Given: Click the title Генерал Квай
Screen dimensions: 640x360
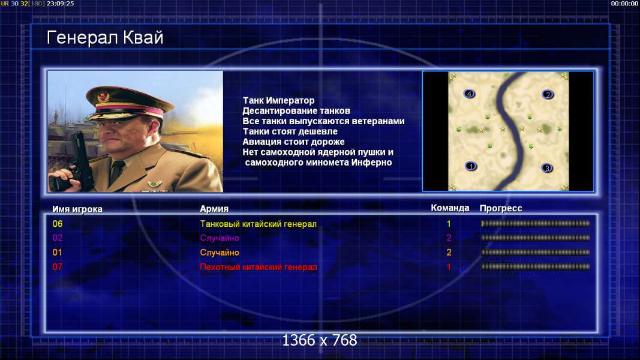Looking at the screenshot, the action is (105, 38).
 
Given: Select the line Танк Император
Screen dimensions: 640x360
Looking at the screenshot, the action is (278, 100).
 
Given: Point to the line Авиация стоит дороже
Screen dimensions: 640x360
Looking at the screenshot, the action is (293, 142).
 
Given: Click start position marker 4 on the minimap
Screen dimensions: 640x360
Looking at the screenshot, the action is (470, 94).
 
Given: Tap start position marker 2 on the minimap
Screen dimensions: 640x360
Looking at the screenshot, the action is (548, 94).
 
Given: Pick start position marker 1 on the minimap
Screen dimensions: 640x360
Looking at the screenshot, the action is (471, 166).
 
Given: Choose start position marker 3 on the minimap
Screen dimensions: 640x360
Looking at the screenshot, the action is (547, 168).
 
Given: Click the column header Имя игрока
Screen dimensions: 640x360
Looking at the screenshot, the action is (77, 209).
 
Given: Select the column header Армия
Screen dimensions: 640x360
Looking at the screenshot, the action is (214, 209).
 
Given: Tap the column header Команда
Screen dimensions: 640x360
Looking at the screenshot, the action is (450, 208).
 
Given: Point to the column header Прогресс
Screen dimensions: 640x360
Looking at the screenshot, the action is (501, 208).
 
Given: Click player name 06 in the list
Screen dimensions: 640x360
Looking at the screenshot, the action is (58, 224).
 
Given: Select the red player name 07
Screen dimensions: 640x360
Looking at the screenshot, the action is (58, 267).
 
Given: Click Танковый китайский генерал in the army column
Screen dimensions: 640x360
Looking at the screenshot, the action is (259, 224).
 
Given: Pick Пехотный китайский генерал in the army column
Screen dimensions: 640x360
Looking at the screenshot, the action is (259, 267).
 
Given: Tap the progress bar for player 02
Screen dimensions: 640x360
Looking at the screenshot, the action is (536, 238).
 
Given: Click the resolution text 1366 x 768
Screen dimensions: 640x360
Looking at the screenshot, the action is (320, 340).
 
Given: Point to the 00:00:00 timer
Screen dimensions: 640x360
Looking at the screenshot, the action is (624, 3).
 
